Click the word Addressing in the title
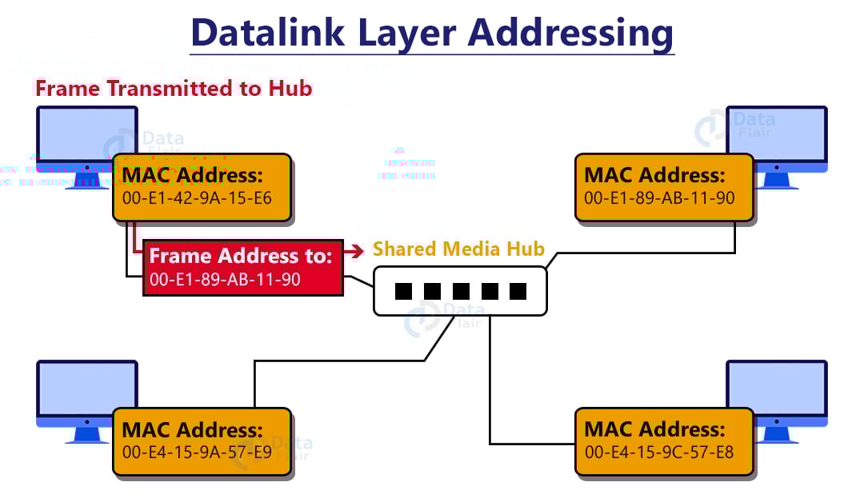click(570, 33)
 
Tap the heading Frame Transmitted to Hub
click(174, 88)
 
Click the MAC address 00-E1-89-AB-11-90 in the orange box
click(659, 197)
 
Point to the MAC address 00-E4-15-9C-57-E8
click(659, 452)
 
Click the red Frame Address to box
click(243, 267)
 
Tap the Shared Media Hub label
click(458, 249)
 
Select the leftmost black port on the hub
click(402, 291)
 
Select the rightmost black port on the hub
click(518, 291)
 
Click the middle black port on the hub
click(460, 291)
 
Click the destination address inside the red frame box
click(224, 281)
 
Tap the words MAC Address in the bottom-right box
click(654, 429)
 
